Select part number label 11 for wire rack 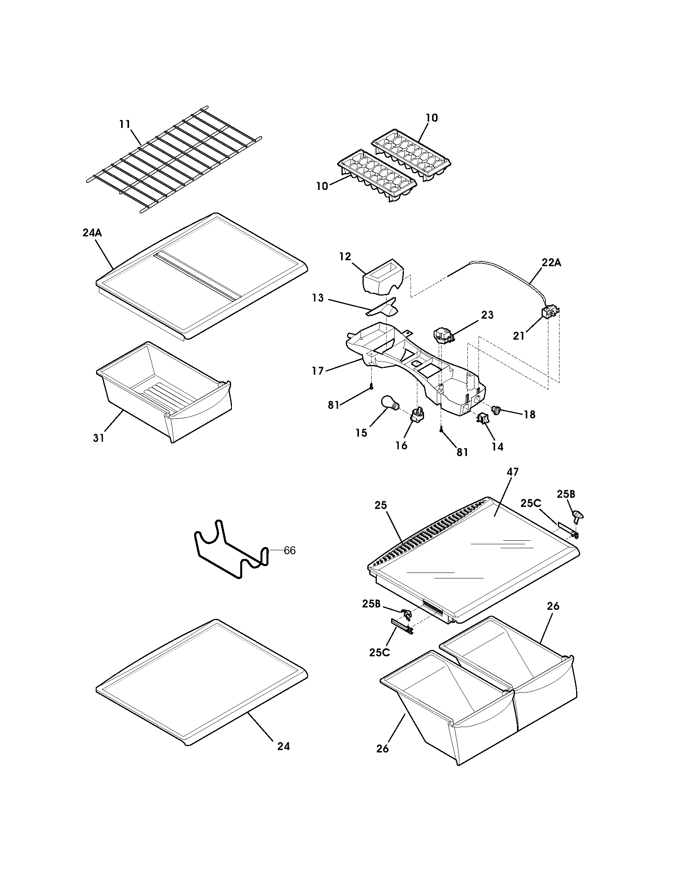click(125, 124)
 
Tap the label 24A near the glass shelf click(92, 233)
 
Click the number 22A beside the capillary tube click(552, 263)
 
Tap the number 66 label click(289, 551)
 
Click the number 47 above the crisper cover click(512, 472)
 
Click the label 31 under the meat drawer click(98, 438)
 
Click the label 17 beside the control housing click(318, 371)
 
